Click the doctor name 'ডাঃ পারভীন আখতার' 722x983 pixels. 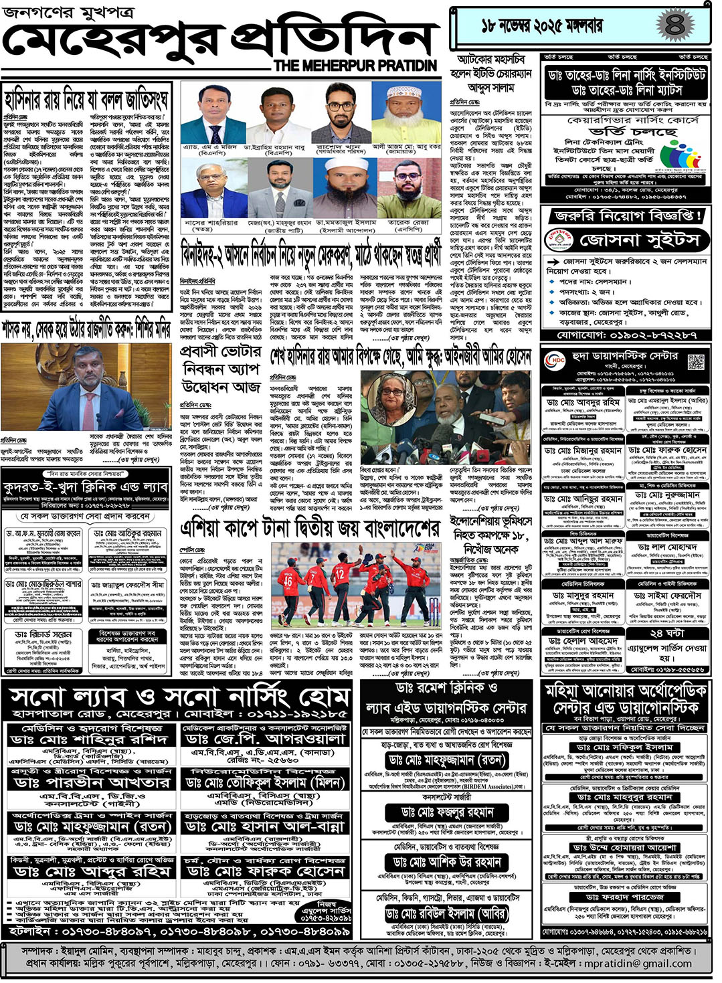pyautogui.click(x=92, y=782)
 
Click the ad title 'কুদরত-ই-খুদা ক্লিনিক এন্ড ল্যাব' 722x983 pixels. pyautogui.click(x=85, y=488)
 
